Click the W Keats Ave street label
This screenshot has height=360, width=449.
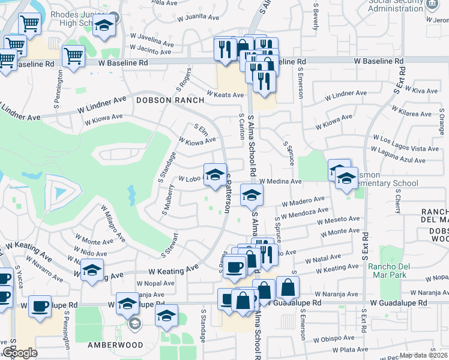(x=225, y=94)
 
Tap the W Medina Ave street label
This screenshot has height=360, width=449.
(x=280, y=181)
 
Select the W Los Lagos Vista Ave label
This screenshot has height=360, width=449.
(x=406, y=148)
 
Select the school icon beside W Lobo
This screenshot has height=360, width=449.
(x=215, y=175)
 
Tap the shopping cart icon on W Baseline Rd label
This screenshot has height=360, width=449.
(x=73, y=56)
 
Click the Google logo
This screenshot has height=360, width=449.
(x=20, y=353)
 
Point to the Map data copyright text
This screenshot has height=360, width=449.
(x=423, y=355)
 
